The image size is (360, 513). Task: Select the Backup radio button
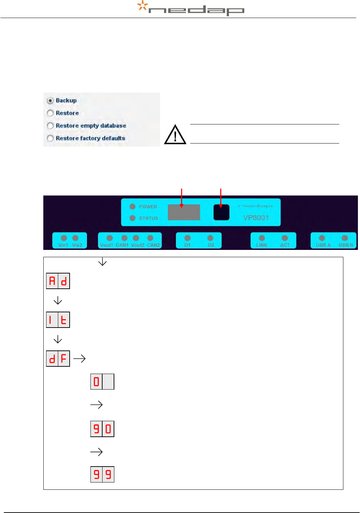pyautogui.click(x=50, y=101)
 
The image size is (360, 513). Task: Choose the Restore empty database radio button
pyautogui.click(x=50, y=125)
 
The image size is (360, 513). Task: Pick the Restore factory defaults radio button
pyautogui.click(x=50, y=138)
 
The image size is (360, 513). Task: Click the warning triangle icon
pyautogui.click(x=175, y=135)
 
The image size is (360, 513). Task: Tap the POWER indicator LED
pyautogui.click(x=132, y=207)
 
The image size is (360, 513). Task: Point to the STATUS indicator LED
pyautogui.click(x=132, y=218)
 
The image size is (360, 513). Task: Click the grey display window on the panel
pyautogui.click(x=184, y=212)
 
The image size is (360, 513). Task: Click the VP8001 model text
pyautogui.click(x=256, y=218)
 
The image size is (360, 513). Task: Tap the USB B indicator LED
pyautogui.click(x=344, y=238)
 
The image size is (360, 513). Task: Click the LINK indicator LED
pyautogui.click(x=262, y=238)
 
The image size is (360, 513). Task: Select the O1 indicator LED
pyautogui.click(x=187, y=238)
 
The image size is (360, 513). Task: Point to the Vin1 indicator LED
pyautogui.click(x=64, y=238)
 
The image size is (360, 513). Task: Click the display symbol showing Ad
pyautogui.click(x=58, y=281)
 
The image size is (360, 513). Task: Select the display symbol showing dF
pyautogui.click(x=58, y=358)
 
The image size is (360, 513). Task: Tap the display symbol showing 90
pyautogui.click(x=102, y=429)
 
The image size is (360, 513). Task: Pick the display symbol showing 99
pyautogui.click(x=102, y=474)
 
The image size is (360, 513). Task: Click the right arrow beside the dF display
pyautogui.click(x=79, y=358)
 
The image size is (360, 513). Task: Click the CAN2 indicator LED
pyautogui.click(x=150, y=238)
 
